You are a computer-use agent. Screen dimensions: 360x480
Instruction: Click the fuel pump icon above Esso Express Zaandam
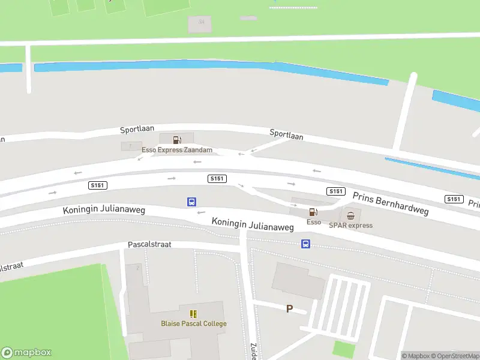(x=177, y=140)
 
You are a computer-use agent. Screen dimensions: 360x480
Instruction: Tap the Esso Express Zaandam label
(x=177, y=150)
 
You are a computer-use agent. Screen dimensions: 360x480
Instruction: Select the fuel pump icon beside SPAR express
(x=313, y=212)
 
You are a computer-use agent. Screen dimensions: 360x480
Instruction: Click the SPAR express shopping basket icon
(x=350, y=215)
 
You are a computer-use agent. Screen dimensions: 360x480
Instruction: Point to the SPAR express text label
(x=350, y=226)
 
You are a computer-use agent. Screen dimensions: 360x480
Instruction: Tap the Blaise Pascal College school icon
(x=193, y=314)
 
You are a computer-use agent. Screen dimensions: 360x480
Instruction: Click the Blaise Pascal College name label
(x=193, y=324)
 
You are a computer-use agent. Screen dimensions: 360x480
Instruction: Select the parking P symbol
(x=289, y=309)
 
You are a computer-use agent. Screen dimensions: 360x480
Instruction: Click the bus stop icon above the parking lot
(x=305, y=244)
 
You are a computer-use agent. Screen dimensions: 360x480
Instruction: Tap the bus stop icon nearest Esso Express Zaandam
(x=191, y=202)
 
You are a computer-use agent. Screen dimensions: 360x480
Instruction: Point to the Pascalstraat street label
(x=149, y=245)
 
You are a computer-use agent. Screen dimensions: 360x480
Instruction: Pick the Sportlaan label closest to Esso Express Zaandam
(x=136, y=130)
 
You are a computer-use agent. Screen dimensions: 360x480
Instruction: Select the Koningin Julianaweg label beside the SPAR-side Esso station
(x=253, y=224)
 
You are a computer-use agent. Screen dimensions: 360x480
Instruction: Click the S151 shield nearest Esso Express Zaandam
(x=217, y=179)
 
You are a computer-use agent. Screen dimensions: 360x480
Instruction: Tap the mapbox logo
(x=26, y=353)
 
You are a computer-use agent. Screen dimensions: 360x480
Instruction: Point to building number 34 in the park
(x=201, y=22)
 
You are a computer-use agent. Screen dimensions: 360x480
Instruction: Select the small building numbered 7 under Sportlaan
(x=131, y=146)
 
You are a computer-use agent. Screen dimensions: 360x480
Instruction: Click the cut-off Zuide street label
(x=253, y=351)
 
